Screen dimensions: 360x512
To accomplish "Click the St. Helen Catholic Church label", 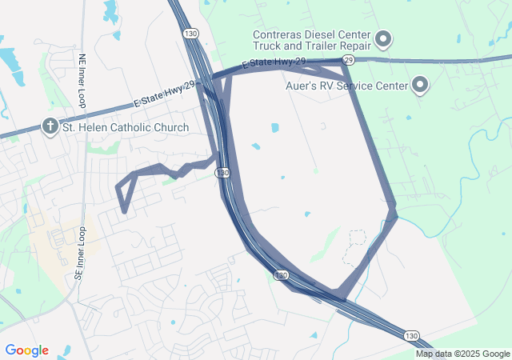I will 126,127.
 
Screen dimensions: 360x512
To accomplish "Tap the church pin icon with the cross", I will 50,126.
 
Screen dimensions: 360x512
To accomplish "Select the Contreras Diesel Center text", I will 311,35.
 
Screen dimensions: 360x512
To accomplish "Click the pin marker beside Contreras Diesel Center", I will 383,38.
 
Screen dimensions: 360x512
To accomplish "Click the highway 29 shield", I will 349,60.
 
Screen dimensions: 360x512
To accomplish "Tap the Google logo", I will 26,350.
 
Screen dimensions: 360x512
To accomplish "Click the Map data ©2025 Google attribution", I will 463,354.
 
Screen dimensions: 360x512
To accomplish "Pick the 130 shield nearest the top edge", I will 190,34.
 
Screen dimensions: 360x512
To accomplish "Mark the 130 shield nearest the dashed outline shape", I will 280,275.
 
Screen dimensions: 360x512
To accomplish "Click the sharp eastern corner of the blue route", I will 396,214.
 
